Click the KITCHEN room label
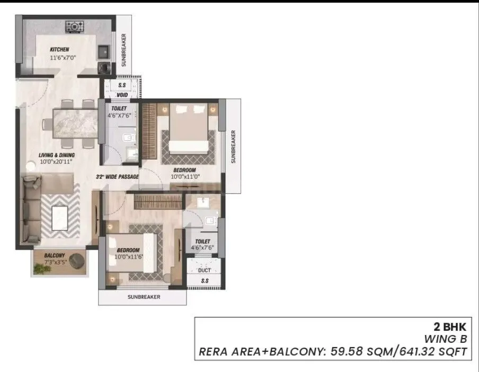[59, 49]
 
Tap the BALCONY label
[54, 255]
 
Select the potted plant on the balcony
[41, 269]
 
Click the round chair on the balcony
[77, 260]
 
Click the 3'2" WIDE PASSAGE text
[117, 177]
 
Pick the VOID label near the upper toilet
[122, 95]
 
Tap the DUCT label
[204, 270]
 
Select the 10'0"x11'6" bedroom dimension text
[129, 257]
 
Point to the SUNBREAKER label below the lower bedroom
[143, 297]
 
